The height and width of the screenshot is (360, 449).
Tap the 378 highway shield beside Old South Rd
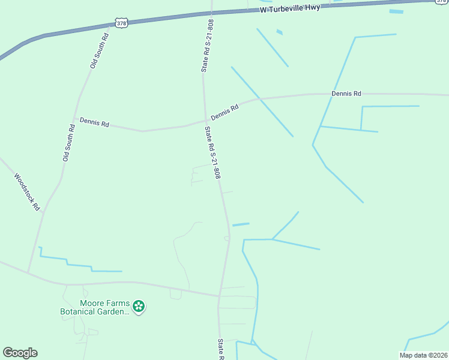(x=122, y=23)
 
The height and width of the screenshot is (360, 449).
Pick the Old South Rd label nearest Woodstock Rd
(x=68, y=143)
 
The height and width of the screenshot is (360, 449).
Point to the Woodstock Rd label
(x=27, y=192)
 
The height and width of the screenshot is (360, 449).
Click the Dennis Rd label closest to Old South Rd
(x=95, y=124)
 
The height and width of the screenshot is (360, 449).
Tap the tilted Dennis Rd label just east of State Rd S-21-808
(x=225, y=112)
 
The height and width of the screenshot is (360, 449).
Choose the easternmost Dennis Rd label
(x=346, y=94)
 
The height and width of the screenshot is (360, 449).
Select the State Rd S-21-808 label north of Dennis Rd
(x=207, y=46)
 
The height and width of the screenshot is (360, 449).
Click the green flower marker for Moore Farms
(x=139, y=307)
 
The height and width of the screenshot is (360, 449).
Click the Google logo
(x=20, y=353)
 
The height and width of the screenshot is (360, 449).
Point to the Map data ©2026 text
(x=423, y=355)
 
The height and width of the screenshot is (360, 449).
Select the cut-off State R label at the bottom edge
(x=221, y=349)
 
